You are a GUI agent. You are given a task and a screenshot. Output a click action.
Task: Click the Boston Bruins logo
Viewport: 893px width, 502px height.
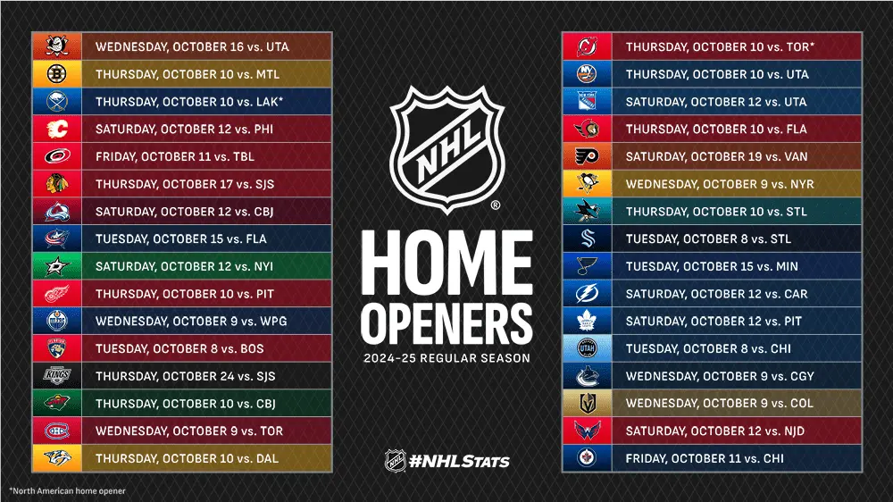57,74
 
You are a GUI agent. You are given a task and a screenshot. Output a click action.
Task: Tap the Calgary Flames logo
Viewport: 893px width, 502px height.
57,130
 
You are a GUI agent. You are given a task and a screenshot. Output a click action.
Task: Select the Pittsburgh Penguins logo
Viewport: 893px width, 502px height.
587,184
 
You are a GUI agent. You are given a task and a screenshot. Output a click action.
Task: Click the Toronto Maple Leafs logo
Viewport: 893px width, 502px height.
587,322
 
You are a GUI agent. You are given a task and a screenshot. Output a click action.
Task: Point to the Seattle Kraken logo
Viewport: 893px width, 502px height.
587,239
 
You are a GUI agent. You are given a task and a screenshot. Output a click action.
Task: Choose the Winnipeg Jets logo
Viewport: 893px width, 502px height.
587,459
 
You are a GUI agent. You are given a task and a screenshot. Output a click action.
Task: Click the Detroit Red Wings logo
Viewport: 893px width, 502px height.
57,294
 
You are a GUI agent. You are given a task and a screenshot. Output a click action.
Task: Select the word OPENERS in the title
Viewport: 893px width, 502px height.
446,322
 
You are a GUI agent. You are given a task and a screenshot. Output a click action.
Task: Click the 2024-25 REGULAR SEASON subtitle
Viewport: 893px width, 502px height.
446,359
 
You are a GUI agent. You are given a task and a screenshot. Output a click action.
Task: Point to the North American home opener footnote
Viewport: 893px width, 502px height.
67,491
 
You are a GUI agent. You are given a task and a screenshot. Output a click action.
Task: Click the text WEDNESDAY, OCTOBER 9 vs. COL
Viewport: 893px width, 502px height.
720,404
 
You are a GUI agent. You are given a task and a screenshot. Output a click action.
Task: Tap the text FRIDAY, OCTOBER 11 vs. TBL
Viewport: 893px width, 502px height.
175,157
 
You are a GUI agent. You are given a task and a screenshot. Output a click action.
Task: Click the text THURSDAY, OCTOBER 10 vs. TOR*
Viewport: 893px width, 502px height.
720,46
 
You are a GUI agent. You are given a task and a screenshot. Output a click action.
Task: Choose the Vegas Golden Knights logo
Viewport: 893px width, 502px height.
587,404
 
